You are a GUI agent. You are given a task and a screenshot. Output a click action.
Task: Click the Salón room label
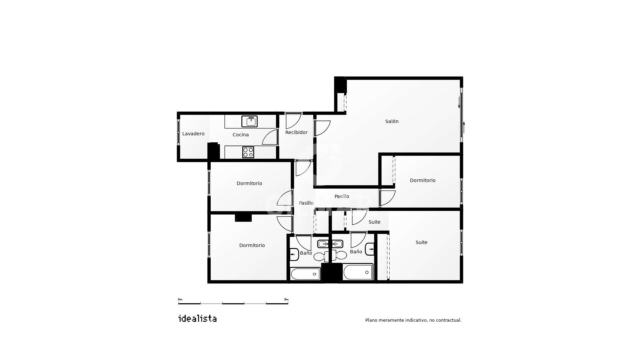pos(392,121)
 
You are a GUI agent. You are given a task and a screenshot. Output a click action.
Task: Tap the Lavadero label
pos(193,134)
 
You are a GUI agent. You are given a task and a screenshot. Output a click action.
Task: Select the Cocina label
pos(241,135)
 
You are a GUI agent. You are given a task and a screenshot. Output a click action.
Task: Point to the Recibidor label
pos(296,132)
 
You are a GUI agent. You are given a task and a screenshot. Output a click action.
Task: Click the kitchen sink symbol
pos(249,121)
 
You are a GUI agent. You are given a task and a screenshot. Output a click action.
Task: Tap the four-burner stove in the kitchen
pos(248,152)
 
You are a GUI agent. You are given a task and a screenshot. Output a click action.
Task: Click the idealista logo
pos(198,318)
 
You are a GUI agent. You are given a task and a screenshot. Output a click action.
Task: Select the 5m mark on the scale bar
pos(286,299)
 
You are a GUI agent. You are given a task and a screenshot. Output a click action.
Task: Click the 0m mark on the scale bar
pos(180,299)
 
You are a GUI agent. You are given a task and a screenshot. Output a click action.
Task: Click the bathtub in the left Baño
pos(305,274)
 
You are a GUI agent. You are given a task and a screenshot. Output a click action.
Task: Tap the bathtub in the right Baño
pos(358,272)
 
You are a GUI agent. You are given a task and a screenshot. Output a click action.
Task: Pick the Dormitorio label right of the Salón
pos(423,180)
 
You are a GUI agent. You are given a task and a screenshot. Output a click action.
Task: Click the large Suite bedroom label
pos(421,242)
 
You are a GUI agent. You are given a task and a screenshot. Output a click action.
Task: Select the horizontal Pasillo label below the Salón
pos(342,196)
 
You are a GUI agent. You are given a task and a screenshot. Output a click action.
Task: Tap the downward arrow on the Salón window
pos(459,102)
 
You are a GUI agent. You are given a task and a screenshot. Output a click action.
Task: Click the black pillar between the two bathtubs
pos(332,273)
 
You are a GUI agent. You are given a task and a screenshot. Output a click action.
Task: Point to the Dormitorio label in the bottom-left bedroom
pos(252,245)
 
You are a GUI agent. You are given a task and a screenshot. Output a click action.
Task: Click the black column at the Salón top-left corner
pos(340,85)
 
